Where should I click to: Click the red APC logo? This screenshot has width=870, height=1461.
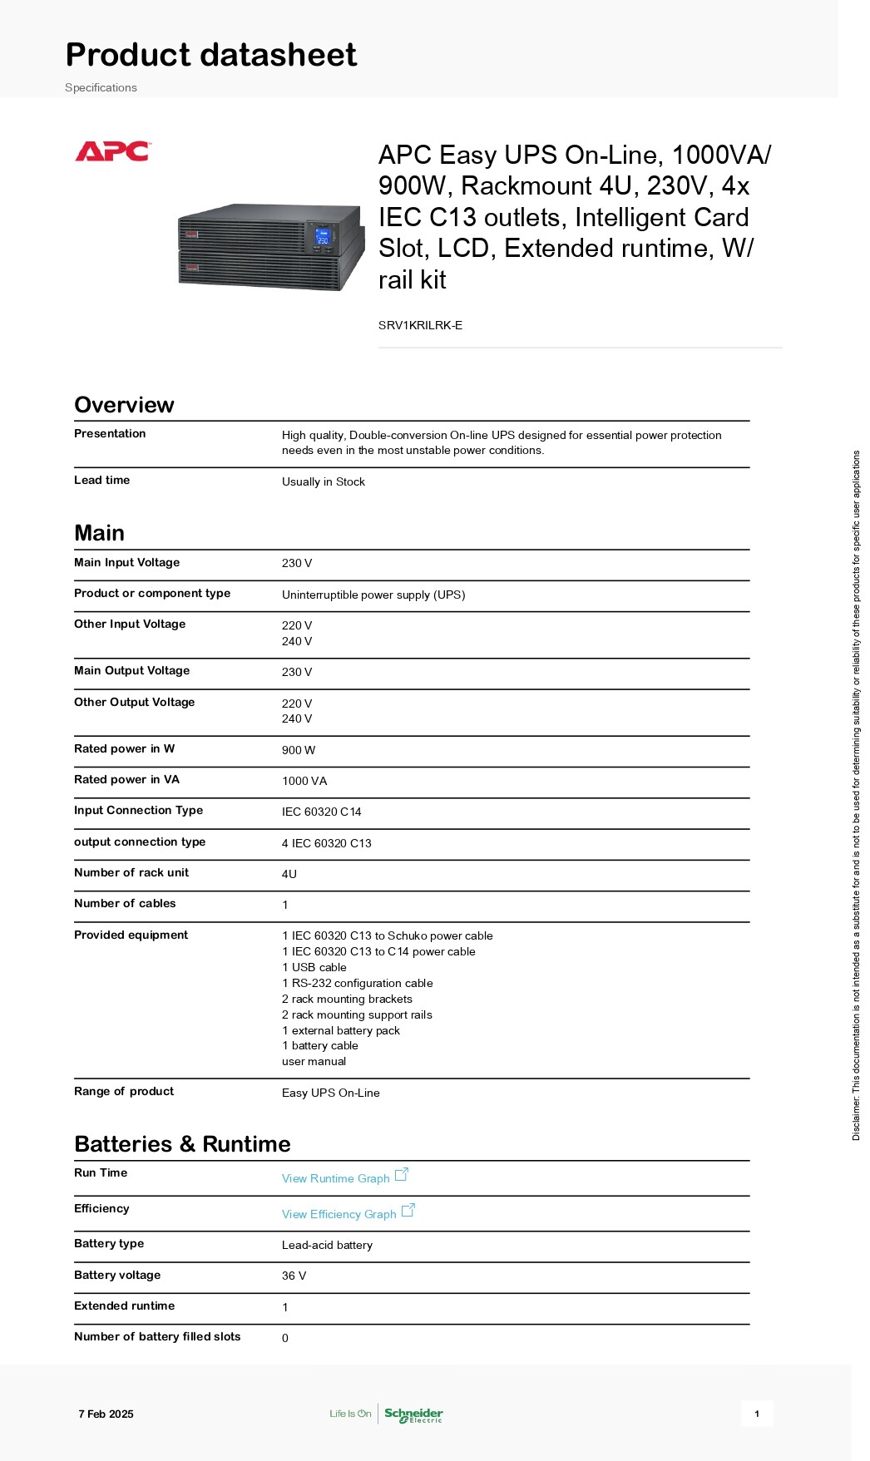pyautogui.click(x=112, y=151)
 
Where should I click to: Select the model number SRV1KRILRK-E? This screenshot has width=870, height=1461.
pyautogui.click(x=420, y=325)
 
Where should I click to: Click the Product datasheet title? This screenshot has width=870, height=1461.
pyautogui.click(x=211, y=55)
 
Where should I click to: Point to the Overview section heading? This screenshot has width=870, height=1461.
pyautogui.click(x=124, y=405)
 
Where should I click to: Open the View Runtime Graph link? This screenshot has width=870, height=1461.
pyautogui.click(x=336, y=1178)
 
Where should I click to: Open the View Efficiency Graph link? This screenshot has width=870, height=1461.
pyautogui.click(x=339, y=1214)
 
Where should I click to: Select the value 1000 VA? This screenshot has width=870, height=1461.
pyautogui.click(x=304, y=781)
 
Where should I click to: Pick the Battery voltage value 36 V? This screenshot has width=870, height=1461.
pyautogui.click(x=294, y=1276)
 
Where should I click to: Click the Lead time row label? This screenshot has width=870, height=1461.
pyautogui.click(x=101, y=480)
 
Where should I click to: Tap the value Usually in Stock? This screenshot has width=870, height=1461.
pyautogui.click(x=323, y=481)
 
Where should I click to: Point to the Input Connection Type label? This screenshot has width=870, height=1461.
pyautogui.click(x=138, y=810)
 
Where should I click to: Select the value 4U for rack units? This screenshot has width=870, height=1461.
pyautogui.click(x=289, y=874)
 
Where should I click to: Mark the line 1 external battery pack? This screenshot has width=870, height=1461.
pyautogui.click(x=340, y=1030)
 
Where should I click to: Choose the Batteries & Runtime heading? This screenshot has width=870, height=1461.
pyautogui.click(x=182, y=1144)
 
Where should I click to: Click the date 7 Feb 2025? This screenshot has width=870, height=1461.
pyautogui.click(x=106, y=1414)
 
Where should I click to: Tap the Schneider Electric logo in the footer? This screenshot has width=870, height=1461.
pyautogui.click(x=413, y=1414)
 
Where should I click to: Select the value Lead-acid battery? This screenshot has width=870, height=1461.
pyautogui.click(x=327, y=1245)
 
